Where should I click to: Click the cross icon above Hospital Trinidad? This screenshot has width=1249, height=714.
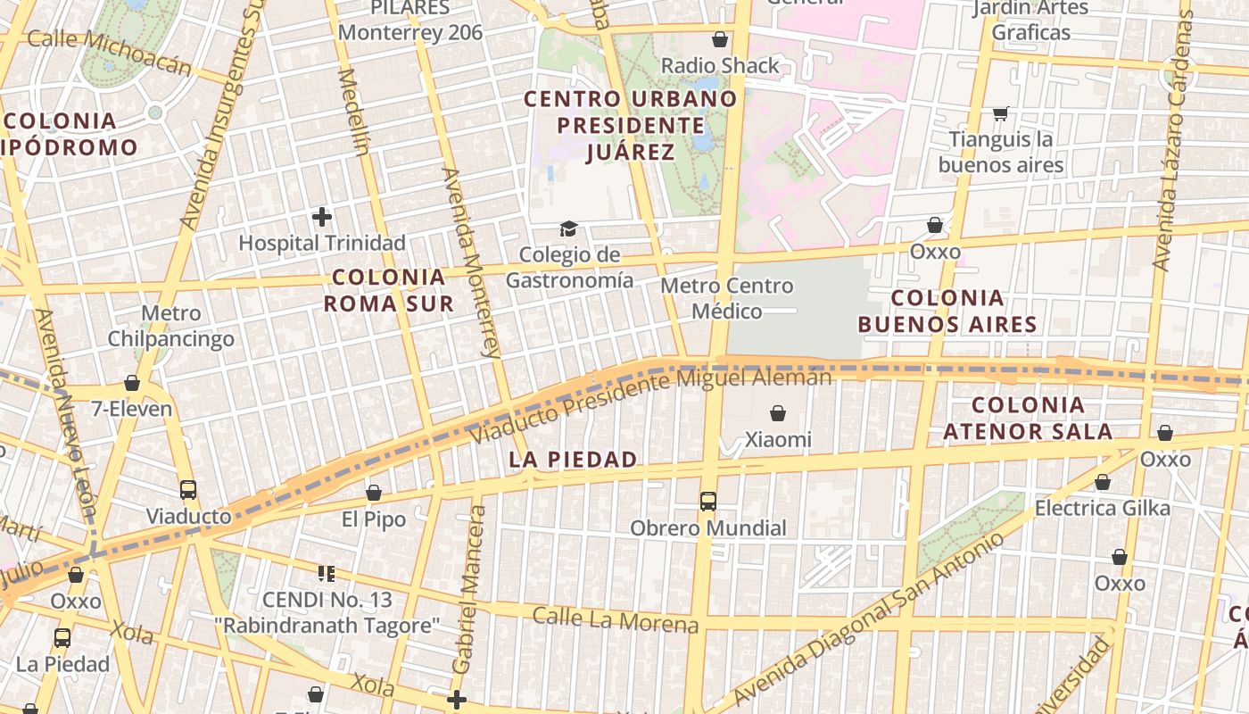322,217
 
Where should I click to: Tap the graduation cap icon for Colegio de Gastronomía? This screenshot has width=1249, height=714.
568,229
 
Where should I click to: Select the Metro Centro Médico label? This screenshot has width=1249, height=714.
727,298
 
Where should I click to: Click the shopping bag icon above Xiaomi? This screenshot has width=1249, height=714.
778,413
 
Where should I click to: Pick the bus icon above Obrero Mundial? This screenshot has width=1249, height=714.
708,502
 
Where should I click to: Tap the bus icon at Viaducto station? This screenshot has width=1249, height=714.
188,490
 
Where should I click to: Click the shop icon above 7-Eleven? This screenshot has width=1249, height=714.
132,384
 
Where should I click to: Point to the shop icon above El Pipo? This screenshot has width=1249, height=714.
374,494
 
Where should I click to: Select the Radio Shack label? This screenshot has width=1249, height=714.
720,65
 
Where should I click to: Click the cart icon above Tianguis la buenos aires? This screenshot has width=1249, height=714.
1000,113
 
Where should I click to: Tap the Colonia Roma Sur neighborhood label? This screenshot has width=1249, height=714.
388,290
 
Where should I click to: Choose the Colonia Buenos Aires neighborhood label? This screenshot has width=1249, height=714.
947,311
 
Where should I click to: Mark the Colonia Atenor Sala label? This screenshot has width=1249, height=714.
1028,419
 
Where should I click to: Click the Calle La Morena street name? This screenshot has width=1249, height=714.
615,619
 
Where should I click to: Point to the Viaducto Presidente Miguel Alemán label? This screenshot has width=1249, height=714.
651,406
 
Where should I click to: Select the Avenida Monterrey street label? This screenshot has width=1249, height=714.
471,263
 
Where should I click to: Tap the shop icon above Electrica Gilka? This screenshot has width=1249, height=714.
1103,483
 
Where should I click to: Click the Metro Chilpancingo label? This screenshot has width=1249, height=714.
171,326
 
